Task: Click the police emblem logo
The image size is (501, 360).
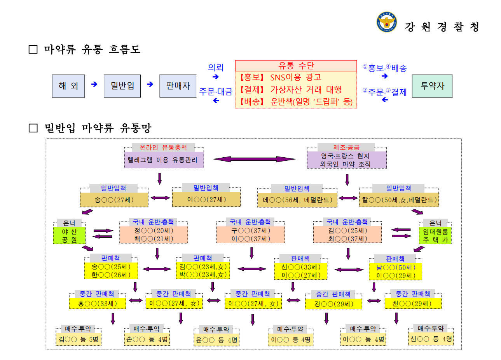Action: tap(386, 22)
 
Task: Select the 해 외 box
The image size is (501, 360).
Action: tap(68, 86)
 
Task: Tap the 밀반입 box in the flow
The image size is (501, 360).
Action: tap(122, 86)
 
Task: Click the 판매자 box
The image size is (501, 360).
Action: tap(178, 86)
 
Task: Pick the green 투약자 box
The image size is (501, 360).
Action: tap(432, 86)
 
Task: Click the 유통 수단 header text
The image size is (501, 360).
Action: tap(296, 66)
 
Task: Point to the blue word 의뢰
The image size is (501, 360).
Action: tap(216, 68)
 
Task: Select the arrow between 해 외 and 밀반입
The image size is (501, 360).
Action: tap(94, 84)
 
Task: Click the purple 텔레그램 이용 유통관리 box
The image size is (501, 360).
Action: tap(164, 160)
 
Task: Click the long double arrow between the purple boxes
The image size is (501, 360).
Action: tap(255, 159)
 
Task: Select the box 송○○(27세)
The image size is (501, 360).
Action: tap(114, 200)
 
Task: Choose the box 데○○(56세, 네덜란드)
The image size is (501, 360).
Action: tap(297, 200)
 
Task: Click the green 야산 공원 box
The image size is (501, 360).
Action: tap(69, 236)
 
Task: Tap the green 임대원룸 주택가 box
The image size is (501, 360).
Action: tap(435, 236)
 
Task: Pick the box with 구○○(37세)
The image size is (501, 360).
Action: tap(251, 235)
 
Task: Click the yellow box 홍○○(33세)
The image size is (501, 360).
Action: tap(97, 304)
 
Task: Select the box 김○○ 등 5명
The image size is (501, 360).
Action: tap(79, 339)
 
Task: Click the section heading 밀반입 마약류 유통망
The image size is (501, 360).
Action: tap(98, 128)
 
